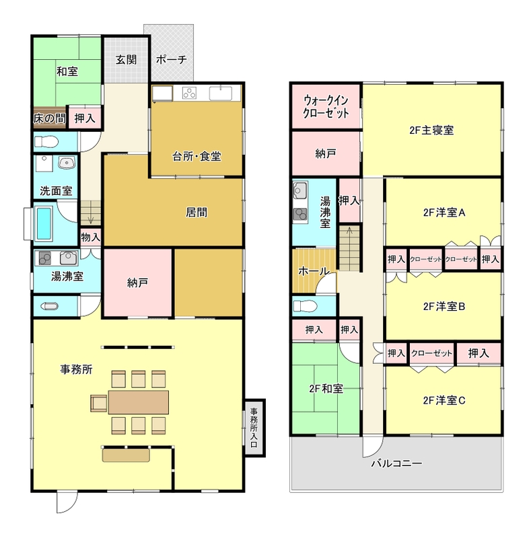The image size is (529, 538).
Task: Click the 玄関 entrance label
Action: tap(126, 60)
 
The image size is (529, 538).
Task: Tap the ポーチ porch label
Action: tap(172, 60)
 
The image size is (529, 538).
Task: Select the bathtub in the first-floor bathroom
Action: tap(44, 223)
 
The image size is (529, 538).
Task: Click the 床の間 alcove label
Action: tap(49, 119)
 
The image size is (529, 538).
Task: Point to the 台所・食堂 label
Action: tap(197, 157)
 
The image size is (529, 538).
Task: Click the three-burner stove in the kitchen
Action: tap(189, 93)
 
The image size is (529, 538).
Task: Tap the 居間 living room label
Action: tap(197, 213)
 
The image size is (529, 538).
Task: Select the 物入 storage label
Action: tap(91, 237)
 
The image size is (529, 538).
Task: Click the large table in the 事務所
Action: tap(139, 402)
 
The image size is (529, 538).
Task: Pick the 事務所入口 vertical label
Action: tap(254, 428)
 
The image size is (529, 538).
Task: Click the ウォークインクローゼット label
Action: tap(326, 107)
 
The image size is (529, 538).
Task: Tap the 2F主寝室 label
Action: tap(431, 130)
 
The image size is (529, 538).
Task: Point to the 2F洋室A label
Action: tap(444, 213)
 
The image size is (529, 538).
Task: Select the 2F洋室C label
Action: tap(444, 400)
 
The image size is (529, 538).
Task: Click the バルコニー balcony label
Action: tap(396, 463)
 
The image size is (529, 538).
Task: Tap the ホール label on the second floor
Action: tap(314, 271)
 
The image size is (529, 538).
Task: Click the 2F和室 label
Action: tap(326, 389)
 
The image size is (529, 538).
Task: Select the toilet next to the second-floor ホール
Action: tap(306, 306)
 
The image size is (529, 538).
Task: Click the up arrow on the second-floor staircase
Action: tap(349, 231)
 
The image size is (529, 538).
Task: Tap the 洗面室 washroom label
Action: tap(56, 191)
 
